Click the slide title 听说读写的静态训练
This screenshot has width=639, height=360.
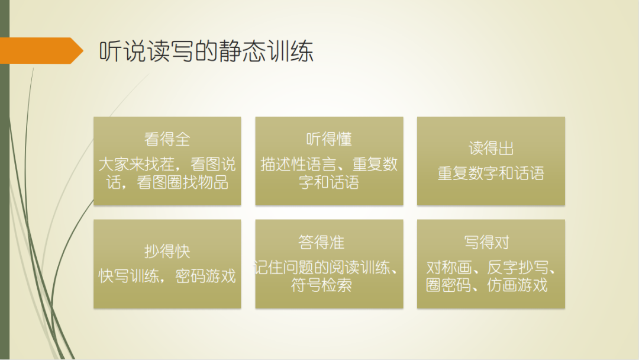[205, 52]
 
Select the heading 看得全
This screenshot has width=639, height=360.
[167, 139]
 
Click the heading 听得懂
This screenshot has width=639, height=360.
[329, 139]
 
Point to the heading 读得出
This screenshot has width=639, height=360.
[491, 148]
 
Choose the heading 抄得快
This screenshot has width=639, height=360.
[167, 251]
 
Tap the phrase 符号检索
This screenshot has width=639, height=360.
[321, 286]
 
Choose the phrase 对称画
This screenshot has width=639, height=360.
[447, 268]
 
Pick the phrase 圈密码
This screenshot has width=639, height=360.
[447, 285]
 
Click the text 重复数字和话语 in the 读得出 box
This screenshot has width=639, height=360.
[491, 173]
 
